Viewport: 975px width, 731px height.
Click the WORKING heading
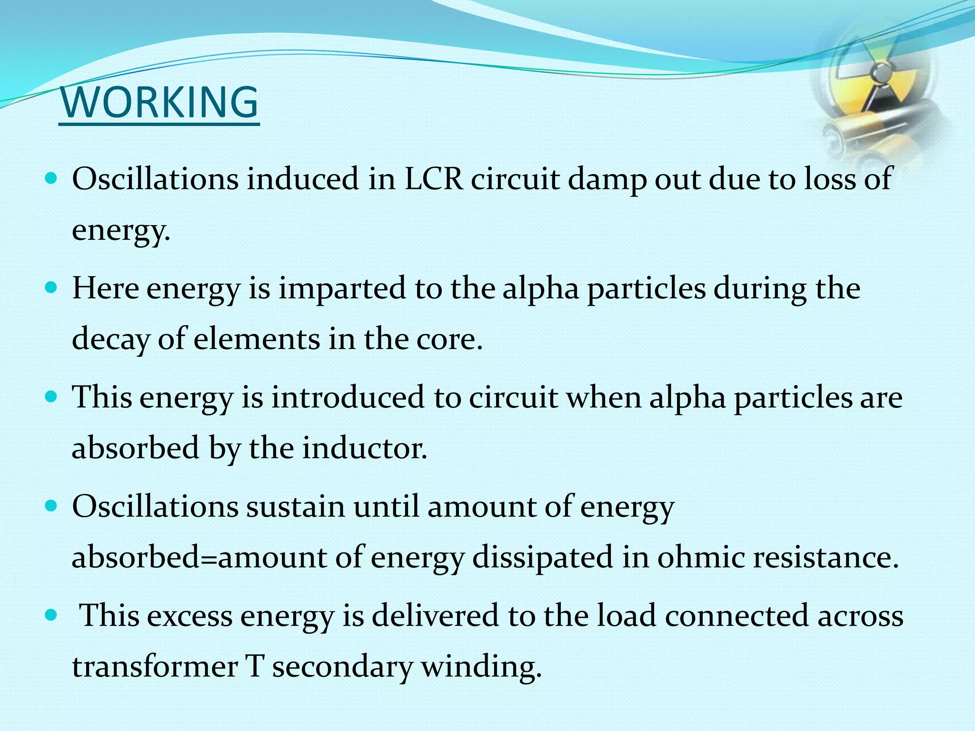coord(159,103)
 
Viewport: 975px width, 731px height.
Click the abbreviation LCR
coord(434,179)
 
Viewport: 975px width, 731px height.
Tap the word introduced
coord(348,397)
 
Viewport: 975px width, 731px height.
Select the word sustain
coord(295,506)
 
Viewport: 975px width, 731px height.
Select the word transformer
coord(155,667)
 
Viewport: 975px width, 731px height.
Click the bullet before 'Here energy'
coord(50,288)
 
